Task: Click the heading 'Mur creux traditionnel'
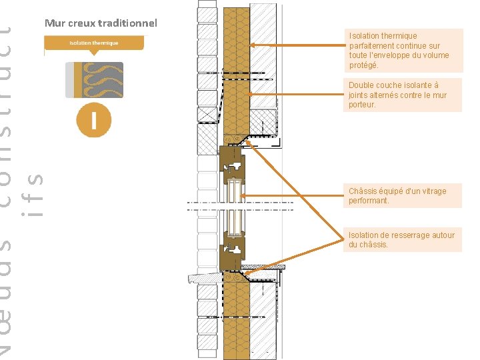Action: tap(101, 23)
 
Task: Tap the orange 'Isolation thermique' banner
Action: tap(93, 43)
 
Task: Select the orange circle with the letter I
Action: tap(93, 121)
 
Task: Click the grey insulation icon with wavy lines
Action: tap(94, 80)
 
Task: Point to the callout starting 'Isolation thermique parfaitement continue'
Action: tap(404, 50)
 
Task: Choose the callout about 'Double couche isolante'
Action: tap(403, 95)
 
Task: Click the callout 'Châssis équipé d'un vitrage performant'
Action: tap(403, 195)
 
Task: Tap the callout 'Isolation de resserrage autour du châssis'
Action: tap(403, 239)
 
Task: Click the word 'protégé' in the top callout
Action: tap(363, 65)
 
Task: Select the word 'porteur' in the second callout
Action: tap(362, 105)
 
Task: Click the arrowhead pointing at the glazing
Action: tap(243, 195)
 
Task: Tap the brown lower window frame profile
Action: tap(232, 253)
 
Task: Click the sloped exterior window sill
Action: tap(203, 277)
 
